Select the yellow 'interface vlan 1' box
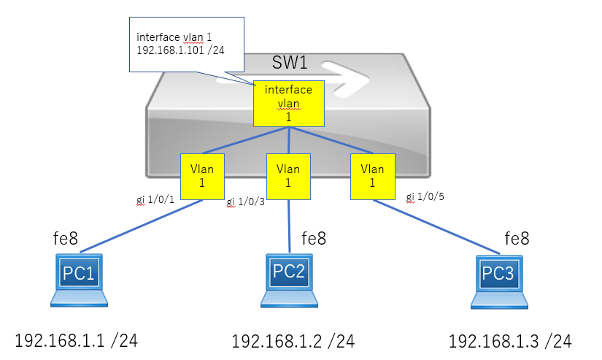click(288, 103)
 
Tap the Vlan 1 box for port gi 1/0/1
click(201, 176)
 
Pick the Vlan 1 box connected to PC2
click(288, 176)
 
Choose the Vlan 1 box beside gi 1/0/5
click(372, 176)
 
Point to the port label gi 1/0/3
click(245, 202)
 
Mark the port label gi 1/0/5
click(425, 196)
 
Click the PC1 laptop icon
click(79, 279)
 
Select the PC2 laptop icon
click(289, 280)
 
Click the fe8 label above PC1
click(65, 237)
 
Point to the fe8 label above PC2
click(313, 238)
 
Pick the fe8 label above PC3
click(517, 238)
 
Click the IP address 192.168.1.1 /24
click(76, 340)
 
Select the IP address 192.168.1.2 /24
click(293, 340)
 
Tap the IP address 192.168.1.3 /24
click(509, 340)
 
